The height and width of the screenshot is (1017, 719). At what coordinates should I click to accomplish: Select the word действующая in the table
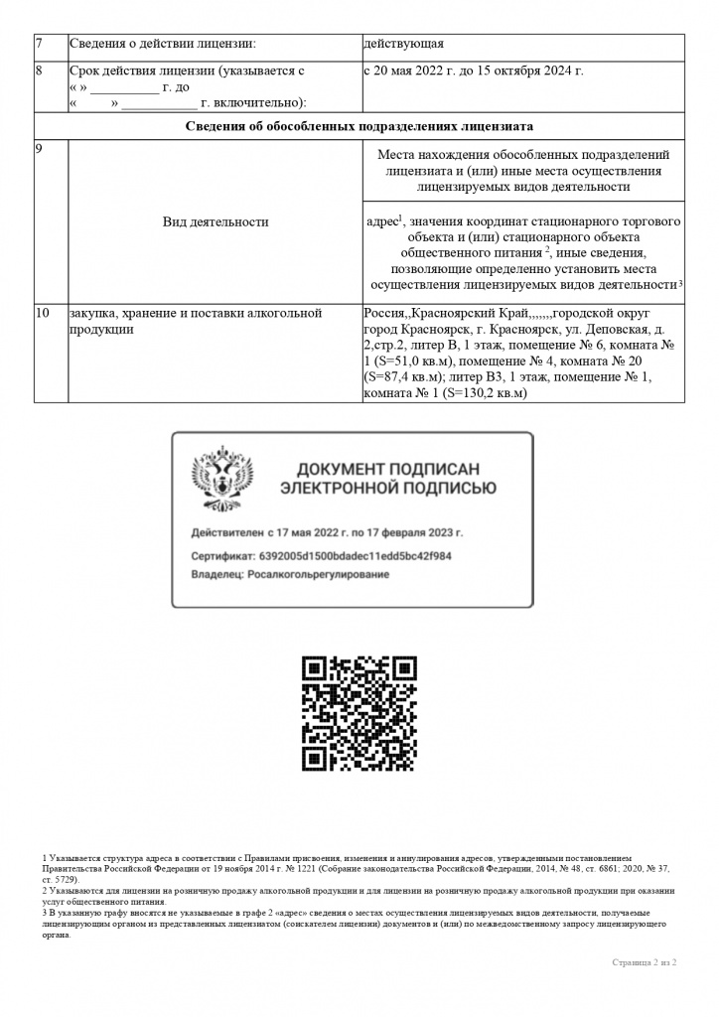403,44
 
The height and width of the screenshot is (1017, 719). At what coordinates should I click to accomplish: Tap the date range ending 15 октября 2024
474,72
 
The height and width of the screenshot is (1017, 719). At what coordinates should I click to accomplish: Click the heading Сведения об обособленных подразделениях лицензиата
359,127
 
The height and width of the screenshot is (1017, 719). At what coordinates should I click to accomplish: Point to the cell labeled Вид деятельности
216,221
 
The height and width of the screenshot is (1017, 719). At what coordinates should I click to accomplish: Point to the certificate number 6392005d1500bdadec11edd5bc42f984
355,556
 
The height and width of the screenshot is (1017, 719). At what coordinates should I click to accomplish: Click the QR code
359,713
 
